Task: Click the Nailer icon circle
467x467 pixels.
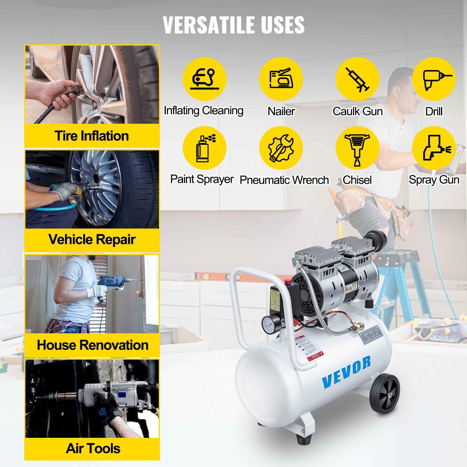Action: click(x=281, y=79)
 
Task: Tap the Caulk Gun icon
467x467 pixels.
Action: click(x=357, y=79)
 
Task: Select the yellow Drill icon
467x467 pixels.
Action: click(x=434, y=79)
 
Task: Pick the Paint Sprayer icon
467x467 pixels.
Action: click(x=204, y=148)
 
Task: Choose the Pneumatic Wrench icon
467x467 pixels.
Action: click(x=281, y=148)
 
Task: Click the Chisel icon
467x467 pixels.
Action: click(x=357, y=148)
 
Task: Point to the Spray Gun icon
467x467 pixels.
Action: click(x=434, y=148)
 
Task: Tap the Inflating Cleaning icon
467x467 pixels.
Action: click(x=204, y=79)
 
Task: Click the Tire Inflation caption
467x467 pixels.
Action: click(x=92, y=136)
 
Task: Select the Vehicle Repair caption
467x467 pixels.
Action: click(x=92, y=240)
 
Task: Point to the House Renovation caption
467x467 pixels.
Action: click(x=93, y=345)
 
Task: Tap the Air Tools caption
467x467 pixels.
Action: click(x=93, y=449)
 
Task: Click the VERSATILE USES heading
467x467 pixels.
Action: click(x=233, y=25)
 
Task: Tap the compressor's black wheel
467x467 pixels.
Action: click(x=384, y=394)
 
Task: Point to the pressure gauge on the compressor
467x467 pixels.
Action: click(x=268, y=324)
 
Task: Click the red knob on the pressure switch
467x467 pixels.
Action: click(x=287, y=281)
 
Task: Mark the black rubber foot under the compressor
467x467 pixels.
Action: click(x=304, y=439)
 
